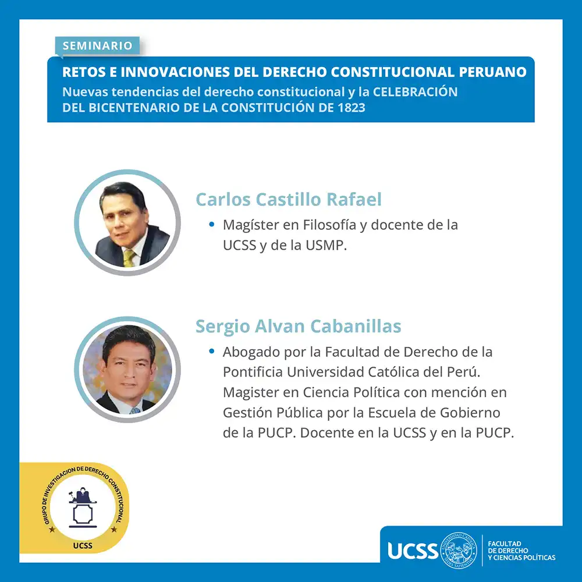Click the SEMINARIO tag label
tap(97, 45)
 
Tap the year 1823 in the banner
tap(352, 108)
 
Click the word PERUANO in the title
tap(492, 72)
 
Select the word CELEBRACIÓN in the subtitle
tap(415, 91)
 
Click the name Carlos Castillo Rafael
tap(289, 199)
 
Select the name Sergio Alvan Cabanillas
tap(299, 327)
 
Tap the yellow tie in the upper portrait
tap(129, 258)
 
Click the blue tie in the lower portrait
tap(135, 410)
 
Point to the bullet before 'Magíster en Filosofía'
tap(212, 224)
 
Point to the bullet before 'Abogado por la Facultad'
tap(212, 351)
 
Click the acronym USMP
tap(326, 246)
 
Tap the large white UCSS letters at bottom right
tap(413, 551)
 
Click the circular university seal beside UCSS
tap(459, 551)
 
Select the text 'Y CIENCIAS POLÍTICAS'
tap(521, 558)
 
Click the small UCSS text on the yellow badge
tap(83, 546)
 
